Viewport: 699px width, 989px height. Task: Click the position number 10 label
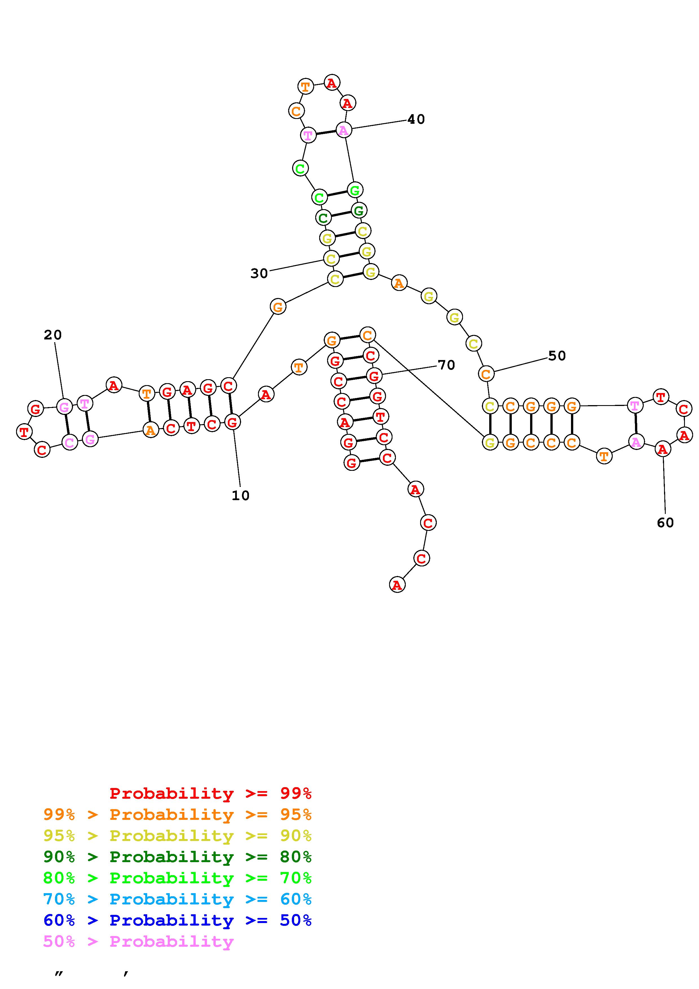(240, 496)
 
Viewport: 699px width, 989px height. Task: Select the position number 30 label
(259, 273)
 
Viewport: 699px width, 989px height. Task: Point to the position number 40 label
(416, 119)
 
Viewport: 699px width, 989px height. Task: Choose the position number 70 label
(446, 365)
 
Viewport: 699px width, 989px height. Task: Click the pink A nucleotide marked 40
(343, 130)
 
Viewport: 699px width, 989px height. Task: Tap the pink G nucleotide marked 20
(64, 406)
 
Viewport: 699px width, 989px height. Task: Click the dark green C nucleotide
(323, 218)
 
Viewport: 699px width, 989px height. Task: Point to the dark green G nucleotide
(359, 211)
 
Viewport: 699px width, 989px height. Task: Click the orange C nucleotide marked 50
(486, 374)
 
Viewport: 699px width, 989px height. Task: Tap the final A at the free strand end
(397, 585)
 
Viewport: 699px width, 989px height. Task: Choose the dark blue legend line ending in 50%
(177, 920)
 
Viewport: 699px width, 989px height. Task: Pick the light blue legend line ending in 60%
(177, 899)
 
